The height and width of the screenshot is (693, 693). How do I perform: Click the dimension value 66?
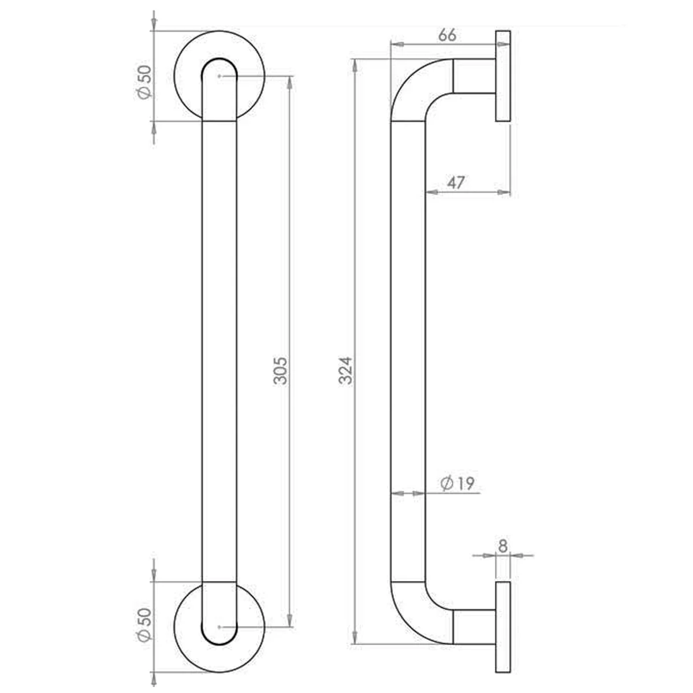pyautogui.click(x=448, y=35)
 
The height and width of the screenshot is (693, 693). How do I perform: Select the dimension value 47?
pyautogui.click(x=456, y=182)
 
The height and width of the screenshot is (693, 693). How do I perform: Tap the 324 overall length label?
pyautogui.click(x=346, y=371)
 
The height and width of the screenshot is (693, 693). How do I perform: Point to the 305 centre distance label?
pyautogui.click(x=281, y=371)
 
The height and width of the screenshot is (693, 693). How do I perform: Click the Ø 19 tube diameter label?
pyautogui.click(x=457, y=483)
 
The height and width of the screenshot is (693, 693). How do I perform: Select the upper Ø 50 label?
pyautogui.click(x=144, y=83)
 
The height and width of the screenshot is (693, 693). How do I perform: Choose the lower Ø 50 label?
pyautogui.click(x=144, y=624)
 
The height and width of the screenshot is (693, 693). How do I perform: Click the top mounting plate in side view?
pyautogui.click(x=503, y=76)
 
